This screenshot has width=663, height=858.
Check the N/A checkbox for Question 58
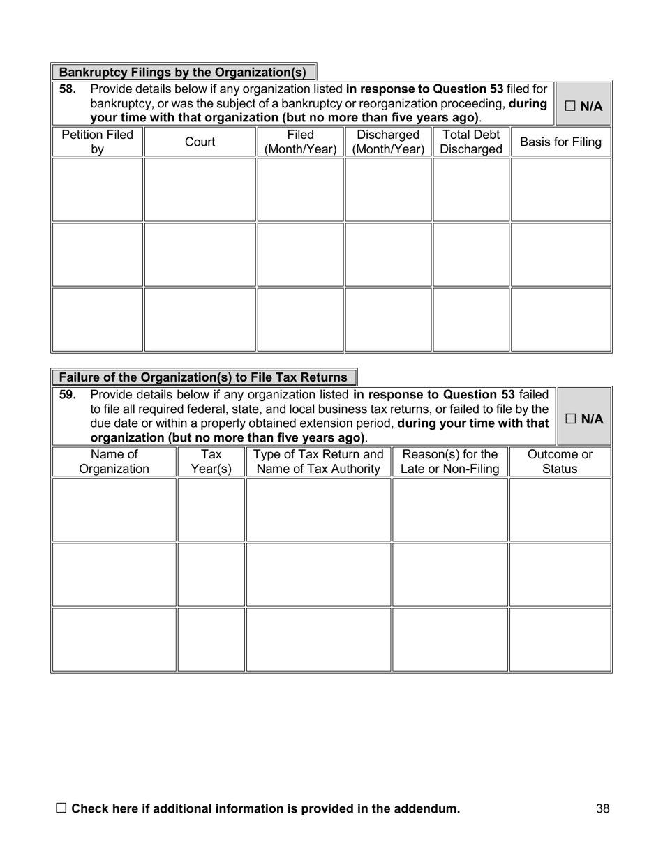tap(570, 107)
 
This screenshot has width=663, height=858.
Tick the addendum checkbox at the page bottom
tap(61, 808)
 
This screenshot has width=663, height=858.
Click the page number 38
tap(603, 809)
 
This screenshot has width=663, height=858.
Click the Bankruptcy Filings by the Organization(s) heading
tap(183, 73)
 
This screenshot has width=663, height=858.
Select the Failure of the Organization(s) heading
tap(203, 377)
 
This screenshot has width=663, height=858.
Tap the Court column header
tap(200, 142)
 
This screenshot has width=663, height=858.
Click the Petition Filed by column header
tap(98, 142)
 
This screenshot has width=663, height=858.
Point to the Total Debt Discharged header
tap(471, 142)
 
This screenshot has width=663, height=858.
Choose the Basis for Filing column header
tap(560, 142)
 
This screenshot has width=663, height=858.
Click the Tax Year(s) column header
tap(211, 462)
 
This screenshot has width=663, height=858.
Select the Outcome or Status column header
tap(560, 462)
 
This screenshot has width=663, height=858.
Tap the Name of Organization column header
tap(114, 462)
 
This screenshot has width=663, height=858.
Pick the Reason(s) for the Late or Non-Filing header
tap(450, 462)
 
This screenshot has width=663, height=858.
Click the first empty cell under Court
tap(200, 190)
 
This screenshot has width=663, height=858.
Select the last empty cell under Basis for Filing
tap(560, 319)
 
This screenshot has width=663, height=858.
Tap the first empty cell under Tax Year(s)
tap(211, 510)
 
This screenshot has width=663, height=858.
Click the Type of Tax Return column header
tap(318, 462)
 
